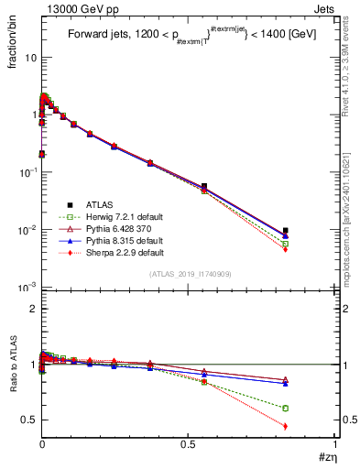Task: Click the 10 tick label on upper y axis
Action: (29, 57)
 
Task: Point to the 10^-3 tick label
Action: (27, 288)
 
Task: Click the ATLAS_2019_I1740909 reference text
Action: (190, 274)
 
